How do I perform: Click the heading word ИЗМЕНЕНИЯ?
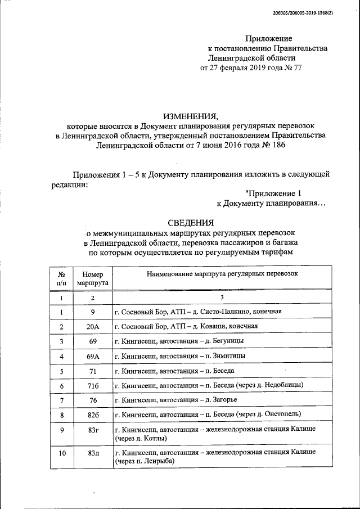[190, 116]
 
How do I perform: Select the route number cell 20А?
[94, 326]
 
